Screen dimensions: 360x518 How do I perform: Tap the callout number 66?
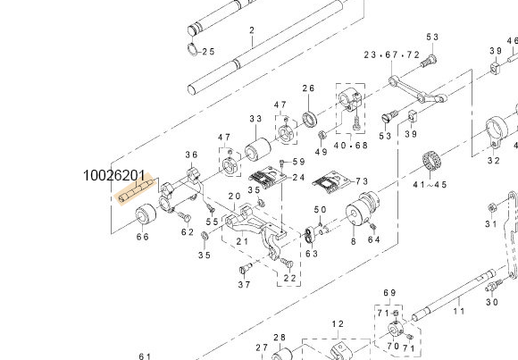142,237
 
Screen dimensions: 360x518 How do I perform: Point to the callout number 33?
255,119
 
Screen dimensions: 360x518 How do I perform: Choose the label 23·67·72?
391,55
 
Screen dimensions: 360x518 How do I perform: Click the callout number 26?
308,88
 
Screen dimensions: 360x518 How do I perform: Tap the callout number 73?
362,181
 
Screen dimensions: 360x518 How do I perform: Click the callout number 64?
374,239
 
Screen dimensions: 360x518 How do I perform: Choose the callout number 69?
389,293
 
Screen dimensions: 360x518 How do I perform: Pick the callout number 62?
188,232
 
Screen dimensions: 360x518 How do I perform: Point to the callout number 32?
493,161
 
